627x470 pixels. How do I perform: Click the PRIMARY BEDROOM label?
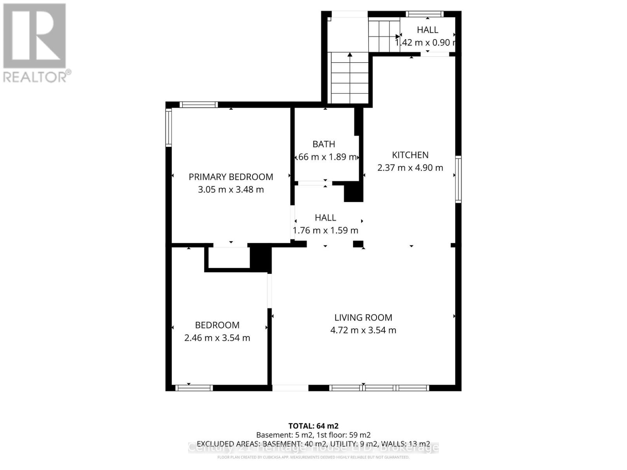(x=231, y=177)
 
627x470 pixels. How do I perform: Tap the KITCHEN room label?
(x=410, y=155)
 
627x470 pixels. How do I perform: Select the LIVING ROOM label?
(x=363, y=318)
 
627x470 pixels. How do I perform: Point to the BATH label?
(x=324, y=144)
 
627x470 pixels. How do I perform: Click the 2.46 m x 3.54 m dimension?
(x=217, y=338)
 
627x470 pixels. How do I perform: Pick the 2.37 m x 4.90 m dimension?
(x=410, y=168)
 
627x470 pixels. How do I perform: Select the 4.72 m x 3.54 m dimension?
(x=363, y=330)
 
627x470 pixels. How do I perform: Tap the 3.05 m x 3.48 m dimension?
(x=231, y=190)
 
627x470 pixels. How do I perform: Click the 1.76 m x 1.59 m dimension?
(x=325, y=230)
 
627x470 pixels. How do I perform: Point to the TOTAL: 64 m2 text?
(x=313, y=426)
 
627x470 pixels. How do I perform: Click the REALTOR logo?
(x=35, y=43)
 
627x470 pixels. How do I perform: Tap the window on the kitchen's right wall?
(x=458, y=179)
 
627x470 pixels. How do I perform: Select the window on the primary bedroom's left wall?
(x=169, y=127)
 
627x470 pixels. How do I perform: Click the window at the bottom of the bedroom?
(x=194, y=388)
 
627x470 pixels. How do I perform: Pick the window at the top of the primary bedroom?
(x=199, y=105)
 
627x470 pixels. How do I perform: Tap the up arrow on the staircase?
(x=350, y=57)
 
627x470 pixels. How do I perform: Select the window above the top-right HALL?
(x=425, y=14)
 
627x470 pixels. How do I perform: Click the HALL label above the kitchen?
(x=428, y=30)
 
